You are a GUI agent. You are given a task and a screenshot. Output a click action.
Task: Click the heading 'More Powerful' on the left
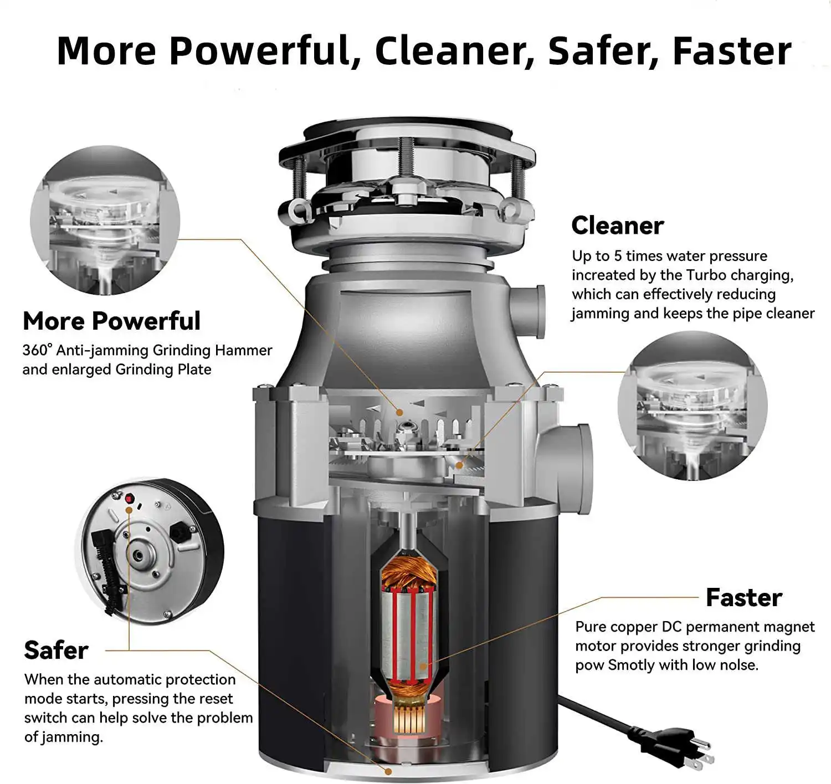tap(111, 321)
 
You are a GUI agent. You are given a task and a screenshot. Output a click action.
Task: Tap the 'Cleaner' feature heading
tap(617, 226)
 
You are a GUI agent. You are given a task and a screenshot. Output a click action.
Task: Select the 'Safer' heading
tap(56, 650)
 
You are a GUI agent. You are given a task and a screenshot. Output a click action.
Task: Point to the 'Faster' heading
tap(743, 598)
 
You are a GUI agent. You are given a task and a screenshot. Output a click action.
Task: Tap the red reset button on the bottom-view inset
tap(129, 499)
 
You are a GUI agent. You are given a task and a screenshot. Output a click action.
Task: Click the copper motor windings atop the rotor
tap(408, 573)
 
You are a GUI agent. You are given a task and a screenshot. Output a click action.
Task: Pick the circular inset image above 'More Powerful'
tap(105, 221)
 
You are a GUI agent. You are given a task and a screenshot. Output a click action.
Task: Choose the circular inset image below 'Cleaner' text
tap(693, 406)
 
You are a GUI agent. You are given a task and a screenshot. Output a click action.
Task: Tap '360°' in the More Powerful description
tap(37, 350)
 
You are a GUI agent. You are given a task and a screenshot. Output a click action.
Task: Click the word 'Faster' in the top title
tap(731, 51)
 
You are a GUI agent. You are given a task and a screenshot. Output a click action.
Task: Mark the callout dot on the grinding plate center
tap(399, 412)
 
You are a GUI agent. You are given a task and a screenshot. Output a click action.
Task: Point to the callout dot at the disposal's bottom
tap(388, 771)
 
